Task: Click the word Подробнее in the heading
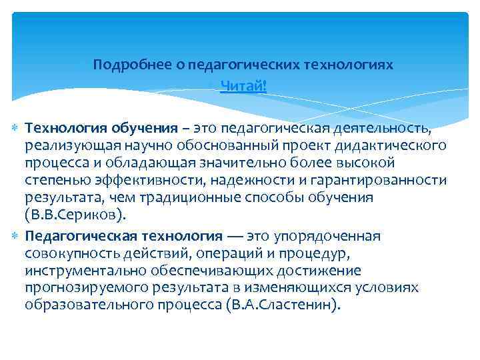tap(125, 65)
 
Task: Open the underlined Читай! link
tap(243, 85)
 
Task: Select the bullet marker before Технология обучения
tap(17, 127)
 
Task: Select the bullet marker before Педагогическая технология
tap(17, 235)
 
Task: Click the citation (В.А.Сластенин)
tap(283, 305)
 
